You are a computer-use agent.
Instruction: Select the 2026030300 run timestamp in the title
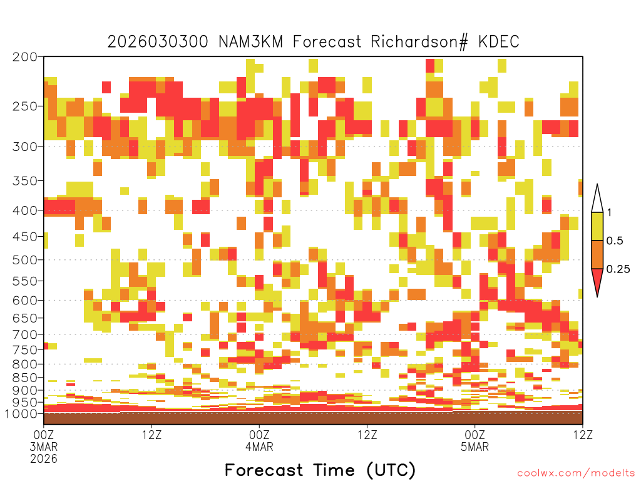point(158,42)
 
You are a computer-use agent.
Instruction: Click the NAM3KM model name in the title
point(251,42)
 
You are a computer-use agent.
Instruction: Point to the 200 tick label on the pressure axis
point(25,57)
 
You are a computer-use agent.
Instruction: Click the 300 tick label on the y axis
point(25,147)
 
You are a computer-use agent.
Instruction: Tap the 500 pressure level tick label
point(25,260)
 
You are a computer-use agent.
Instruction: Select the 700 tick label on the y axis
point(25,334)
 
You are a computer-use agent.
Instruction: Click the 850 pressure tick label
point(25,378)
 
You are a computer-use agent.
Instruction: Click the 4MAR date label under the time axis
point(259,446)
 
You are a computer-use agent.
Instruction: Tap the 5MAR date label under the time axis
point(474,446)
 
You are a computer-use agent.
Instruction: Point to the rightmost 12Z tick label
point(582,435)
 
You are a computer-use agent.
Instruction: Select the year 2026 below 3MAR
point(44,458)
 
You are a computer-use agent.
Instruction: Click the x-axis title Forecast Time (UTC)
point(320,470)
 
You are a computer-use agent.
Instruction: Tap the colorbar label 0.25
point(618,269)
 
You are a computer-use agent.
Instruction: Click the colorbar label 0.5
point(615,241)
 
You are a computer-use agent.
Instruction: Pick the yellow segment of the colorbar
point(597,226)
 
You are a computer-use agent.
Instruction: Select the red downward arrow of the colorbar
point(597,280)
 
